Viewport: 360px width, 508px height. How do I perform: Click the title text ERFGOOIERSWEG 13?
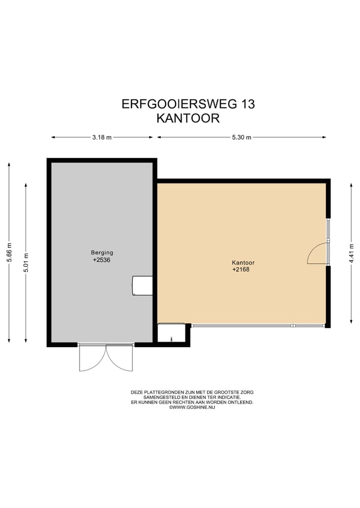point(188,104)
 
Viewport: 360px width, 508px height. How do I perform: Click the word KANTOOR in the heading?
point(188,118)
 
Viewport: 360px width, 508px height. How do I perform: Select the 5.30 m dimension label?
point(241,137)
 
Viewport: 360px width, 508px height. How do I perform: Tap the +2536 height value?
point(100,260)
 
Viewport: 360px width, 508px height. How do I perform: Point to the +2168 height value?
point(240,270)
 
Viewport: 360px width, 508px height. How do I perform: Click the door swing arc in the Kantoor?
point(316,254)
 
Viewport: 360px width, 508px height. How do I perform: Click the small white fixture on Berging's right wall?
point(142,286)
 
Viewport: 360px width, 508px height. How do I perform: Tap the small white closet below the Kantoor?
point(171,333)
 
